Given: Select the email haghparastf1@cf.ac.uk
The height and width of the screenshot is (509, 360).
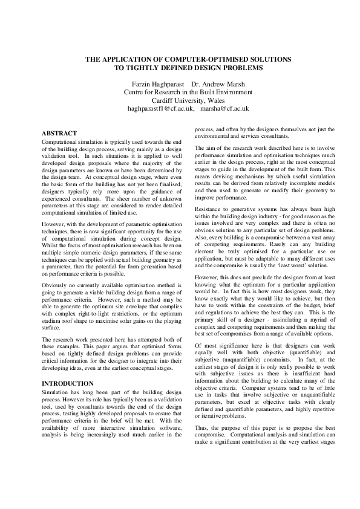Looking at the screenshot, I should [x=160, y=109].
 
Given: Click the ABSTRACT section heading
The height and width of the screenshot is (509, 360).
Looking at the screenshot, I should [x=59, y=132].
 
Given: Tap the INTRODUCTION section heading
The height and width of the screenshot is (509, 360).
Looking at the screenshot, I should [x=67, y=383].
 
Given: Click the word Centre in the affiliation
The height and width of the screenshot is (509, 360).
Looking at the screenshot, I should [x=137, y=92].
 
